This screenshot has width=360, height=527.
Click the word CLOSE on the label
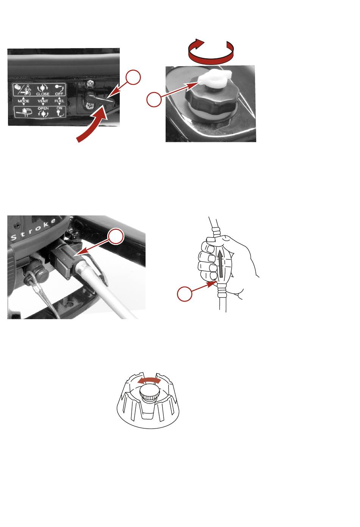click(x=43, y=94)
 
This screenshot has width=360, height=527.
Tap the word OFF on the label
click(x=59, y=94)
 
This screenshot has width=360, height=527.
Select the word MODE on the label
click(x=23, y=101)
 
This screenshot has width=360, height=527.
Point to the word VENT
click(x=43, y=101)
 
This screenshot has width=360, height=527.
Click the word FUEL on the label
click(x=59, y=101)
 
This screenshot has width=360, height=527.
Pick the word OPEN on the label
click(x=43, y=108)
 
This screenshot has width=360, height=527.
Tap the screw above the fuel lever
click(x=90, y=83)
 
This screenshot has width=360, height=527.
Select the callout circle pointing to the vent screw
click(x=154, y=100)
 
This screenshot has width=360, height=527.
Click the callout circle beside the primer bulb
click(x=185, y=294)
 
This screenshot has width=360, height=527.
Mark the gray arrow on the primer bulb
click(x=221, y=263)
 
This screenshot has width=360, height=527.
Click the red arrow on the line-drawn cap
click(x=149, y=381)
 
